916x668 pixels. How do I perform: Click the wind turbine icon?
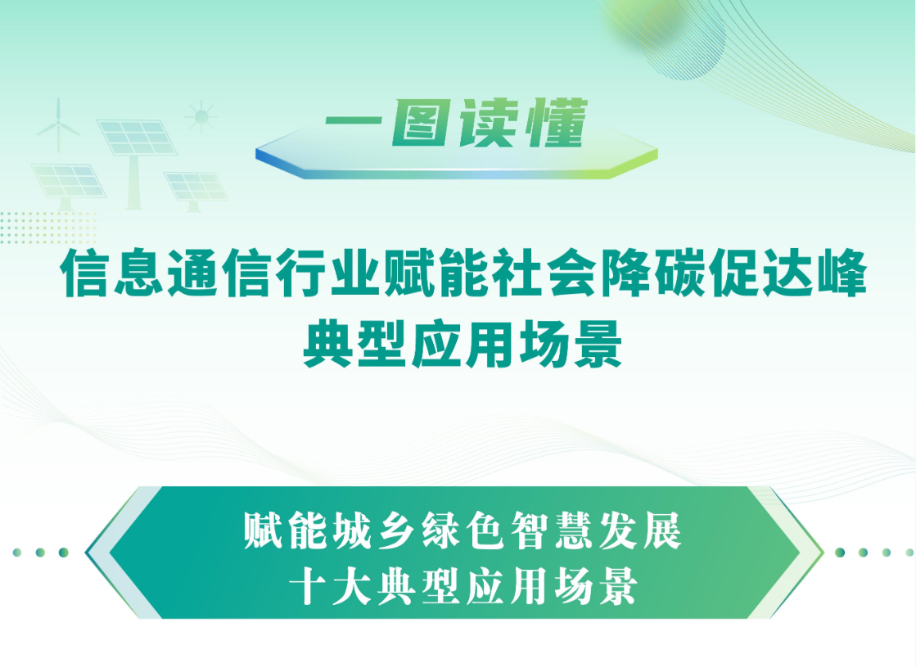coord(58,125)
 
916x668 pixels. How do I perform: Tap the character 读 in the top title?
coord(488,123)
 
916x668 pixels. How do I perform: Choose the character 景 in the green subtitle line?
coord(597,345)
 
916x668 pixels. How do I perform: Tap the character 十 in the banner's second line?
coord(308,585)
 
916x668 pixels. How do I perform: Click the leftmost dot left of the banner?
coord(17,553)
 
